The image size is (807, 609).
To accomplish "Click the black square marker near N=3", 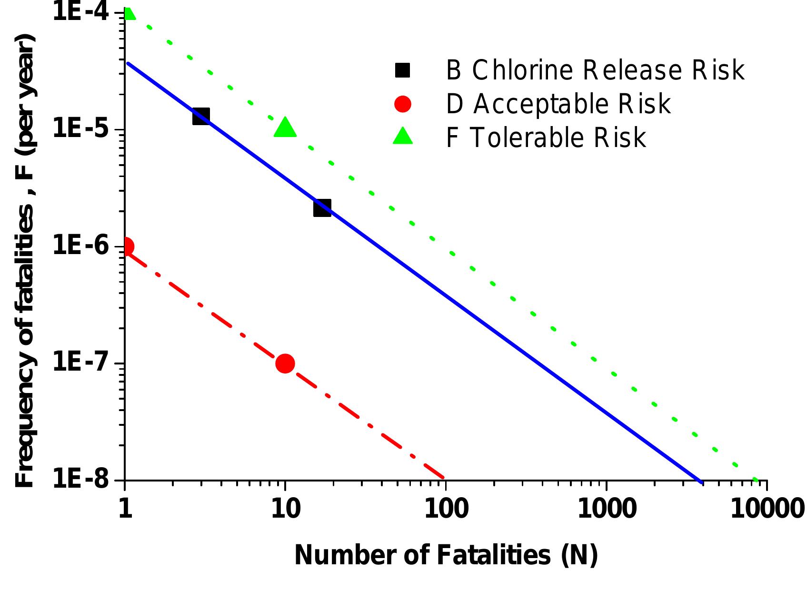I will [x=201, y=116].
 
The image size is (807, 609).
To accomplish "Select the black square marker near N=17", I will [x=322, y=208].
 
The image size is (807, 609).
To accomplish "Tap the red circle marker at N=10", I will [x=285, y=363].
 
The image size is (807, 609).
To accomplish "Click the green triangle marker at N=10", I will [x=285, y=128].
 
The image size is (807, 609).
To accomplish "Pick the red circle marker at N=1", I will [x=126, y=246].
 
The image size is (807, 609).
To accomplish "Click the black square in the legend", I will [x=402, y=70].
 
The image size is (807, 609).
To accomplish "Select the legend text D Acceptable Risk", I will [x=558, y=104].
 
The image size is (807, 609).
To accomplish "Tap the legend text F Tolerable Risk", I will [x=546, y=138].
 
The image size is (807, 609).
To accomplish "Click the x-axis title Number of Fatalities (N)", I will [x=446, y=555].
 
